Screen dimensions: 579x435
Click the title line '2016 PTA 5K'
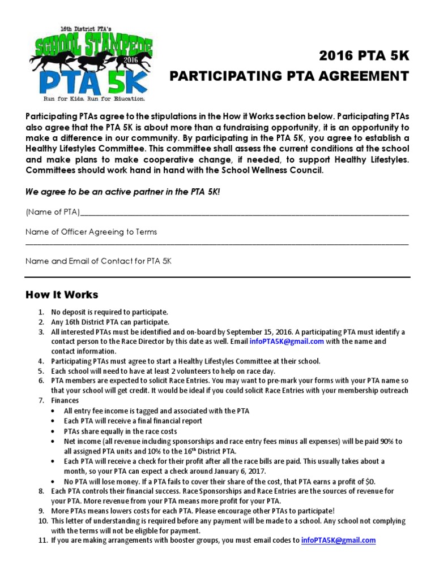[x=364, y=55]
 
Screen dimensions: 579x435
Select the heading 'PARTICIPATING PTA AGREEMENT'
[x=289, y=76]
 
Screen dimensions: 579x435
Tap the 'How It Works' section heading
[x=62, y=295]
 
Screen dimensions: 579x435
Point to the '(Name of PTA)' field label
[x=53, y=212]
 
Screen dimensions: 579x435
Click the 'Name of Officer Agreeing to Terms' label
[x=91, y=232]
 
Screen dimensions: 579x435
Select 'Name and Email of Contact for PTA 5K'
[x=98, y=261]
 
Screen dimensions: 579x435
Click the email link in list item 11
[x=338, y=540]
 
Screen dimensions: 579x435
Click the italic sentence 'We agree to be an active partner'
[x=122, y=192]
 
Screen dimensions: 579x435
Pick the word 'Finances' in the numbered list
[x=65, y=400]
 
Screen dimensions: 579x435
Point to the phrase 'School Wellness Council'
[x=275, y=170]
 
